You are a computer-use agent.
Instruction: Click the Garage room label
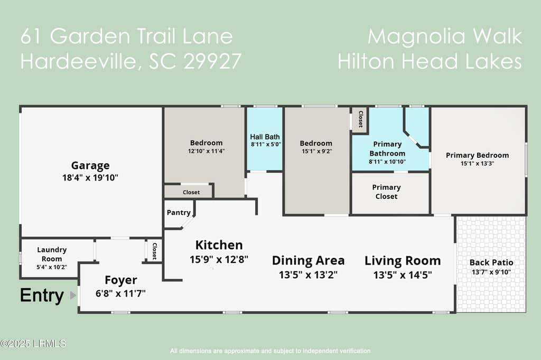click(90, 166)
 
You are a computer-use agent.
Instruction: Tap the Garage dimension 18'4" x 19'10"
click(90, 177)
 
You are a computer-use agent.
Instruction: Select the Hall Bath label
click(265, 137)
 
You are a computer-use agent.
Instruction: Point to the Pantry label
click(179, 212)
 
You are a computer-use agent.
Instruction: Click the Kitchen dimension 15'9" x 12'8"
click(219, 259)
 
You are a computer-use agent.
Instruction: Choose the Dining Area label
click(309, 260)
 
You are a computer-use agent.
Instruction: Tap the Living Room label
click(403, 261)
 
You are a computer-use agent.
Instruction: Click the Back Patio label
click(491, 262)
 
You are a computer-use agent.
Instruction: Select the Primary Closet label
click(386, 192)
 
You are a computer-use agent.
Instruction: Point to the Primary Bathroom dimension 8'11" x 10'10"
click(387, 162)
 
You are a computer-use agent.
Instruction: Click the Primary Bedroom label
click(477, 155)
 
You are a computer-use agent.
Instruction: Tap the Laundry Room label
click(52, 254)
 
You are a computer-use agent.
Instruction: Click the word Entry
click(42, 296)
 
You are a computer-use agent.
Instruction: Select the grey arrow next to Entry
click(73, 295)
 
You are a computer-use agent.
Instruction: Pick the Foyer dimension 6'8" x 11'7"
click(121, 293)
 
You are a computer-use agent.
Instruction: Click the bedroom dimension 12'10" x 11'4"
click(207, 151)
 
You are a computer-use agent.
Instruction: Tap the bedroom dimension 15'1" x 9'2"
click(317, 151)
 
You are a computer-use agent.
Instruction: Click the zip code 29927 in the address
click(212, 61)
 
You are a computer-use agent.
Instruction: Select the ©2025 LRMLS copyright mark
click(33, 344)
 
